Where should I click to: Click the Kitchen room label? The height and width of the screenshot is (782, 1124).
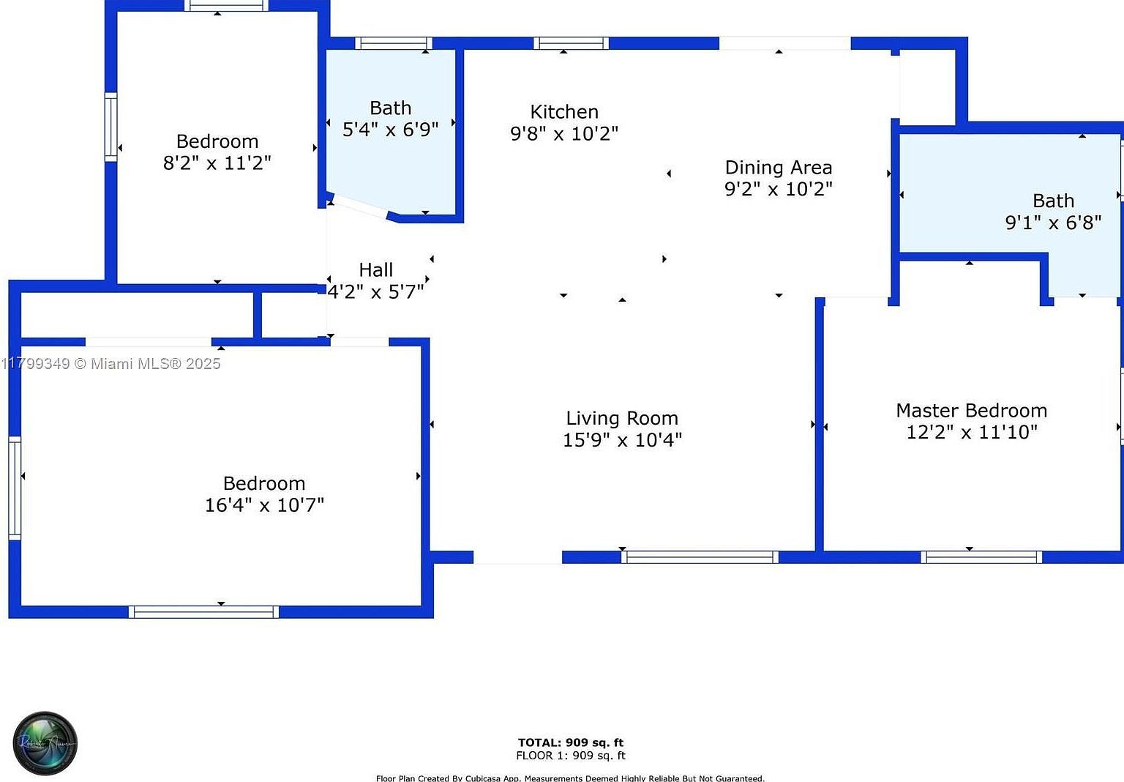click(x=563, y=112)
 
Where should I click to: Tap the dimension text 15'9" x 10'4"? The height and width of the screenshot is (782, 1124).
click(x=622, y=440)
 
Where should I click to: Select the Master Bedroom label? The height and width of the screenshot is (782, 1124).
click(x=971, y=411)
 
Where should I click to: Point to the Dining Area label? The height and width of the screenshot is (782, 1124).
click(x=778, y=168)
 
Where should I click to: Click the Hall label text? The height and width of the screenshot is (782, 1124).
click(x=375, y=270)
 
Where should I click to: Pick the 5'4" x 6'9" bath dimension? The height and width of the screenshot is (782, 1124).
click(x=390, y=130)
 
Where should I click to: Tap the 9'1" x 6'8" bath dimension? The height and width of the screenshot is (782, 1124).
click(x=1053, y=223)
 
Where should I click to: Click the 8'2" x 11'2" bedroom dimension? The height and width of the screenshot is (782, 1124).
click(x=217, y=163)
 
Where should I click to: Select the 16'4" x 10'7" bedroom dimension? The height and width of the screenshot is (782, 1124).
click(x=264, y=505)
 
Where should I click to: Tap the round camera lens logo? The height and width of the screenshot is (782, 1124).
click(x=45, y=743)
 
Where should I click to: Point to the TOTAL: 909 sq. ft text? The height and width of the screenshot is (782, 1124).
click(x=571, y=742)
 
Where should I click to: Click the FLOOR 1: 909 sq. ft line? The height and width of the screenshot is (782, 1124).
click(x=571, y=756)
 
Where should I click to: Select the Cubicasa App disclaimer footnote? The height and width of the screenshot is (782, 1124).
click(x=570, y=778)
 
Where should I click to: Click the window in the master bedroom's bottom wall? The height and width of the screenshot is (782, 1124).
click(x=981, y=557)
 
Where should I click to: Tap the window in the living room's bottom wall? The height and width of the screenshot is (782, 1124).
click(x=700, y=557)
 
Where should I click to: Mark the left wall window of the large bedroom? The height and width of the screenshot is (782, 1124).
click(x=15, y=488)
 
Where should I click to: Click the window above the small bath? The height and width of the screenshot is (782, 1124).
click(x=394, y=43)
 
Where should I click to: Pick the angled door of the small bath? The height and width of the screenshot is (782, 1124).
click(x=359, y=206)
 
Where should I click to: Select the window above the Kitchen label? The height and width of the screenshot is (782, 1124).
click(x=571, y=43)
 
